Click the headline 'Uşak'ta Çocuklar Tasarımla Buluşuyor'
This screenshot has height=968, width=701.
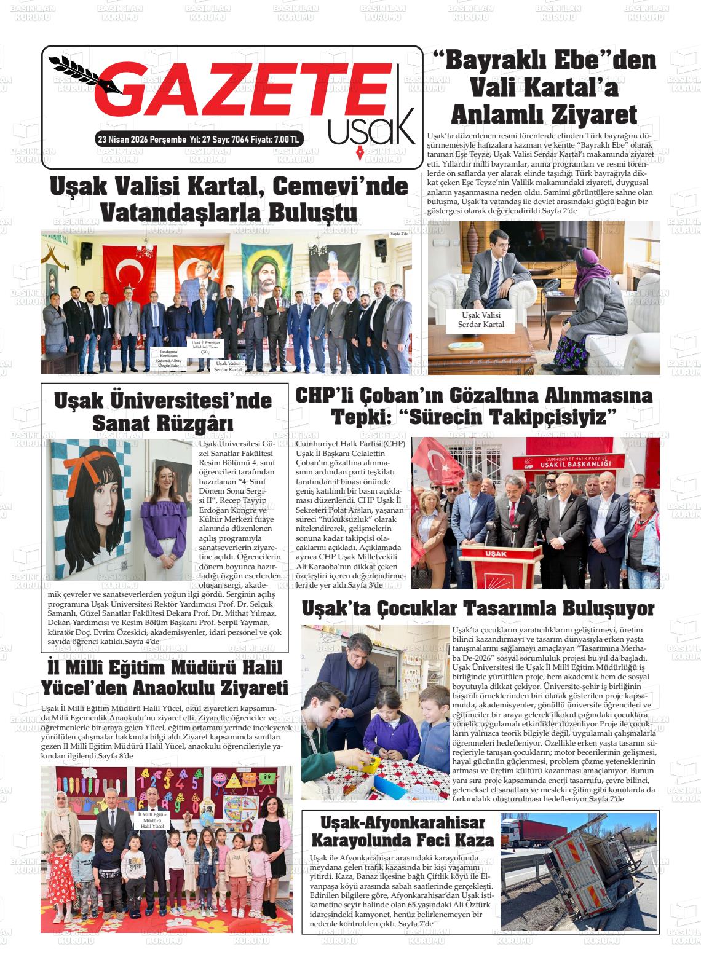(x=478, y=608)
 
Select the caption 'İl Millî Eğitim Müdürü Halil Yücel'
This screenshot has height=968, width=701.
(x=152, y=820)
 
